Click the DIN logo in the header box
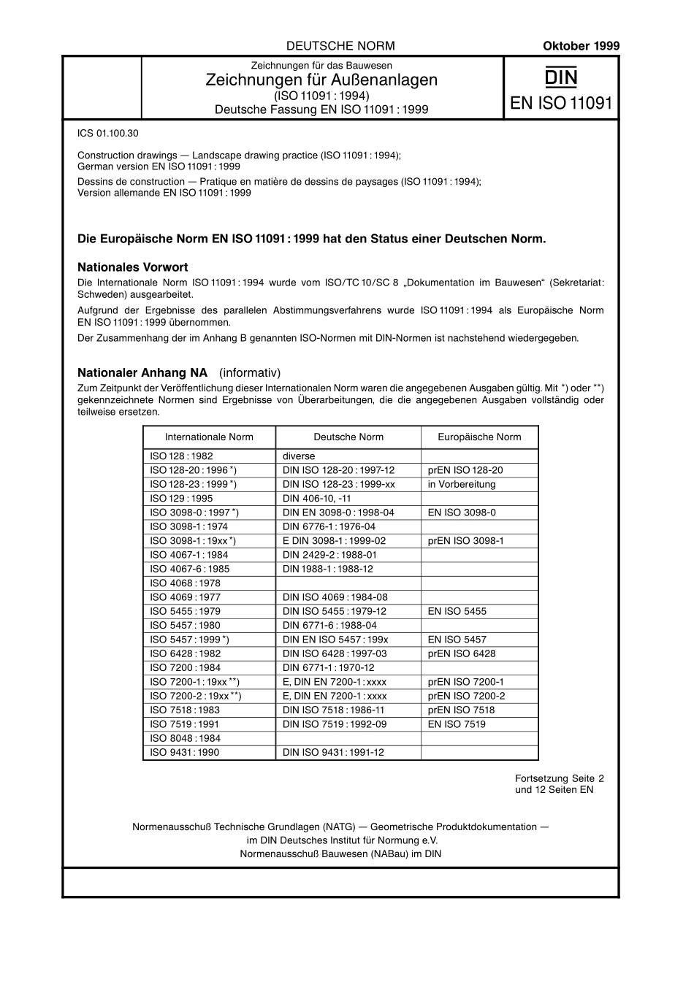point(560,77)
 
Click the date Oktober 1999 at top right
point(581,46)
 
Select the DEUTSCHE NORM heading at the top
point(340,46)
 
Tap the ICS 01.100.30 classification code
point(107,134)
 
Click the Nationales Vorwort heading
point(133,267)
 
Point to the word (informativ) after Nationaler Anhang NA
point(250,372)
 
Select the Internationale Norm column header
point(209,437)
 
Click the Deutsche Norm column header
point(348,437)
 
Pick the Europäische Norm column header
point(479,437)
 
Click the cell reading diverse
point(299,456)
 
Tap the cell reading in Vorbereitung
point(462,484)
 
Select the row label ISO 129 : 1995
point(181,499)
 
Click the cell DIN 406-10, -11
point(316,499)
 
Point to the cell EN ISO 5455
point(457,611)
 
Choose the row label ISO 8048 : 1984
point(184,738)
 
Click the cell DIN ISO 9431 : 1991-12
point(333,752)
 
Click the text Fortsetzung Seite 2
point(560,778)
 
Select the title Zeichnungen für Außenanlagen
point(321,80)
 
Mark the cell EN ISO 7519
point(457,724)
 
